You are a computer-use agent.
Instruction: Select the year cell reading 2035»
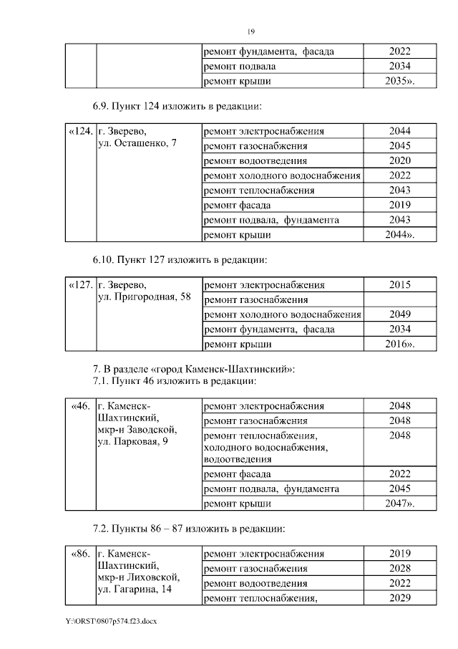(399, 82)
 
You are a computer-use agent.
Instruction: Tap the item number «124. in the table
(80, 132)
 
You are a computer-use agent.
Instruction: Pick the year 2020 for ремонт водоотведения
(399, 160)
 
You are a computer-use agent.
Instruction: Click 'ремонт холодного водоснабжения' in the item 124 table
(282, 176)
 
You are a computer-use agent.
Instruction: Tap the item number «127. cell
(80, 284)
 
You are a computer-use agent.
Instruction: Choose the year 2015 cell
(399, 284)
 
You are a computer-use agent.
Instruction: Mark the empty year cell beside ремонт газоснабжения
(399, 299)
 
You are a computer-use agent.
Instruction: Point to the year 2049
(399, 314)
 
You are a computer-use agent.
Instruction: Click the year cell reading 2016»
(399, 345)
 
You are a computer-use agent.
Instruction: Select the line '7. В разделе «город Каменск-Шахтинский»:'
(193, 369)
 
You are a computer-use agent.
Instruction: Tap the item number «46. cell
(80, 406)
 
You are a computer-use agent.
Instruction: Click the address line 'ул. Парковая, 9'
(132, 443)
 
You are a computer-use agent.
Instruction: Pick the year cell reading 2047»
(399, 504)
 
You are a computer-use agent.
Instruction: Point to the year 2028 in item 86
(399, 569)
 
